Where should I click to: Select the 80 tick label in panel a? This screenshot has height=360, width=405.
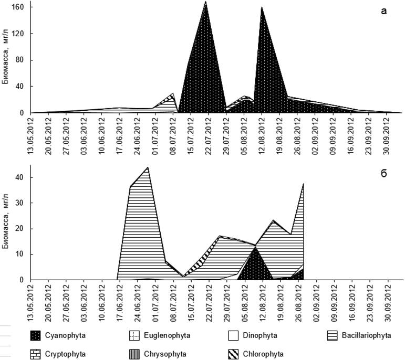[23, 60]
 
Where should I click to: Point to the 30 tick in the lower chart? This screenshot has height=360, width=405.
[23, 203]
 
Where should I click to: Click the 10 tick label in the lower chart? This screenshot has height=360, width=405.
[23, 254]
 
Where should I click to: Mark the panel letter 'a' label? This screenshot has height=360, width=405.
[384, 12]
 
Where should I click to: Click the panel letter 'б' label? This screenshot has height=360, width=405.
[384, 174]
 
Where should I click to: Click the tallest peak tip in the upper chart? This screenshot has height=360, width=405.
[205, 2]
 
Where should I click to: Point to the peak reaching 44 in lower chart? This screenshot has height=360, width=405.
[148, 167]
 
